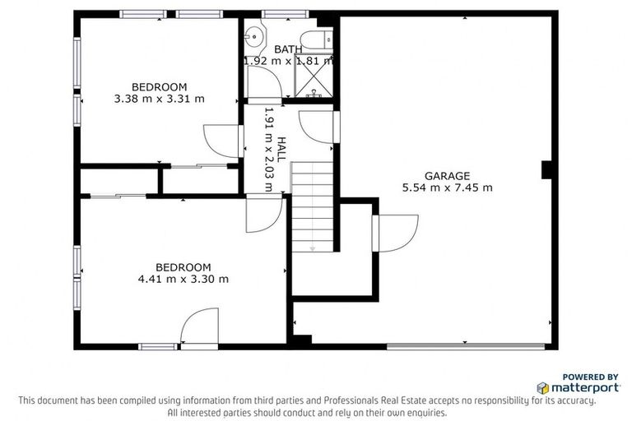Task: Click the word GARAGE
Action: click(447, 175)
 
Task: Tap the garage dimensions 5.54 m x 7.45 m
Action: click(447, 187)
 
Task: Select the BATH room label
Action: click(288, 49)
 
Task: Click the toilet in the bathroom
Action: click(314, 39)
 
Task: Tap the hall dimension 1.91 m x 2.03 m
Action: click(268, 150)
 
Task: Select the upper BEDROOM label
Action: click(160, 86)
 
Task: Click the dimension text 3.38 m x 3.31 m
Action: click(160, 99)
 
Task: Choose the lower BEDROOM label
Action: click(184, 266)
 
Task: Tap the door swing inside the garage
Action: click(397, 232)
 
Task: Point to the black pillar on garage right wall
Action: click(546, 169)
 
